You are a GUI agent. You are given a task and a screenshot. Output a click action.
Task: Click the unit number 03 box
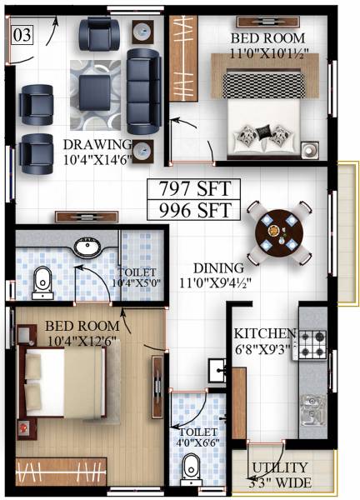pos(22,35)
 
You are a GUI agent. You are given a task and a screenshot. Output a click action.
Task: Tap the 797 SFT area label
pos(193,187)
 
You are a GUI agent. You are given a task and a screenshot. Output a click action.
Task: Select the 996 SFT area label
pos(193,207)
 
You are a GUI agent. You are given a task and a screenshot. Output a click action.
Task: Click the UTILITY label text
pos(280,467)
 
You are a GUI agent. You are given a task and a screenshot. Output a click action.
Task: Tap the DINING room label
pos(217,268)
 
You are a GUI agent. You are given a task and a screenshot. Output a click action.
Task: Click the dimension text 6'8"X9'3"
pos(265,350)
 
